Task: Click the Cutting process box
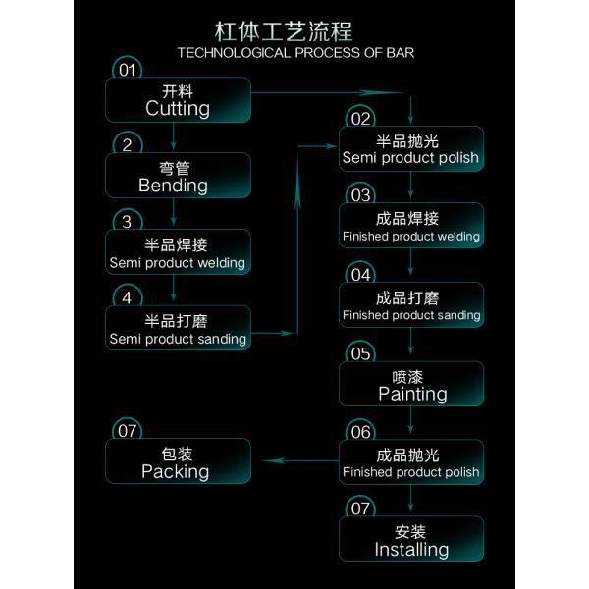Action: [x=178, y=99]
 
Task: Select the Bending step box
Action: [x=178, y=176]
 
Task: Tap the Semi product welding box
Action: [x=178, y=251]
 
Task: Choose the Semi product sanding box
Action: [x=178, y=328]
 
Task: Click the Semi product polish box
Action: [x=411, y=149]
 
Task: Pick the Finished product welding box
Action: [x=411, y=226]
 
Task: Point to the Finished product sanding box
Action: [x=411, y=304]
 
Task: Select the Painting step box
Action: [x=411, y=384]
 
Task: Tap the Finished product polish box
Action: [x=411, y=461]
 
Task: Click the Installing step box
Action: [x=411, y=539]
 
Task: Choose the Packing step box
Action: [x=178, y=461]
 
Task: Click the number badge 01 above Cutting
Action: [x=127, y=68]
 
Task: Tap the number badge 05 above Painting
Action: [x=360, y=351]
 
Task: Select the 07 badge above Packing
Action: [x=127, y=429]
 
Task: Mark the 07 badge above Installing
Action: [x=360, y=507]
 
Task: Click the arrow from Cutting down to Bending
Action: [x=173, y=136]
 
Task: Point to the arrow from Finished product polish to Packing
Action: [x=300, y=460]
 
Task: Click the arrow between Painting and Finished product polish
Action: [x=410, y=420]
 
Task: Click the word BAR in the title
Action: [x=401, y=53]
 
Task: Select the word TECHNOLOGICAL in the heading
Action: [x=234, y=53]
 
